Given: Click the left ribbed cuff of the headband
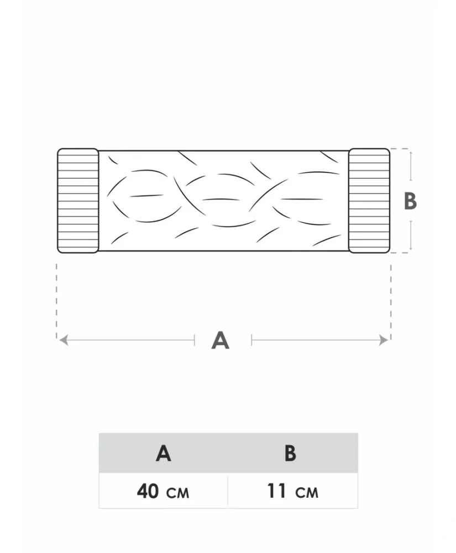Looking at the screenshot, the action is click(78, 201).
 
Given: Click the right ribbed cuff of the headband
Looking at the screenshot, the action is click(369, 201).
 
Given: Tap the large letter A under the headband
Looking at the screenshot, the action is click(220, 340).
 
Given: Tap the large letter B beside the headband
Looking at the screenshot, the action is click(410, 201).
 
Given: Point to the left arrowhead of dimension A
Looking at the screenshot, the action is click(64, 340).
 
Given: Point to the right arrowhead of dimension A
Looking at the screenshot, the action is click(384, 340).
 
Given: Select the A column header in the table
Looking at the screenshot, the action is click(164, 453).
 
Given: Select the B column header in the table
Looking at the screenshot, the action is click(290, 453).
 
